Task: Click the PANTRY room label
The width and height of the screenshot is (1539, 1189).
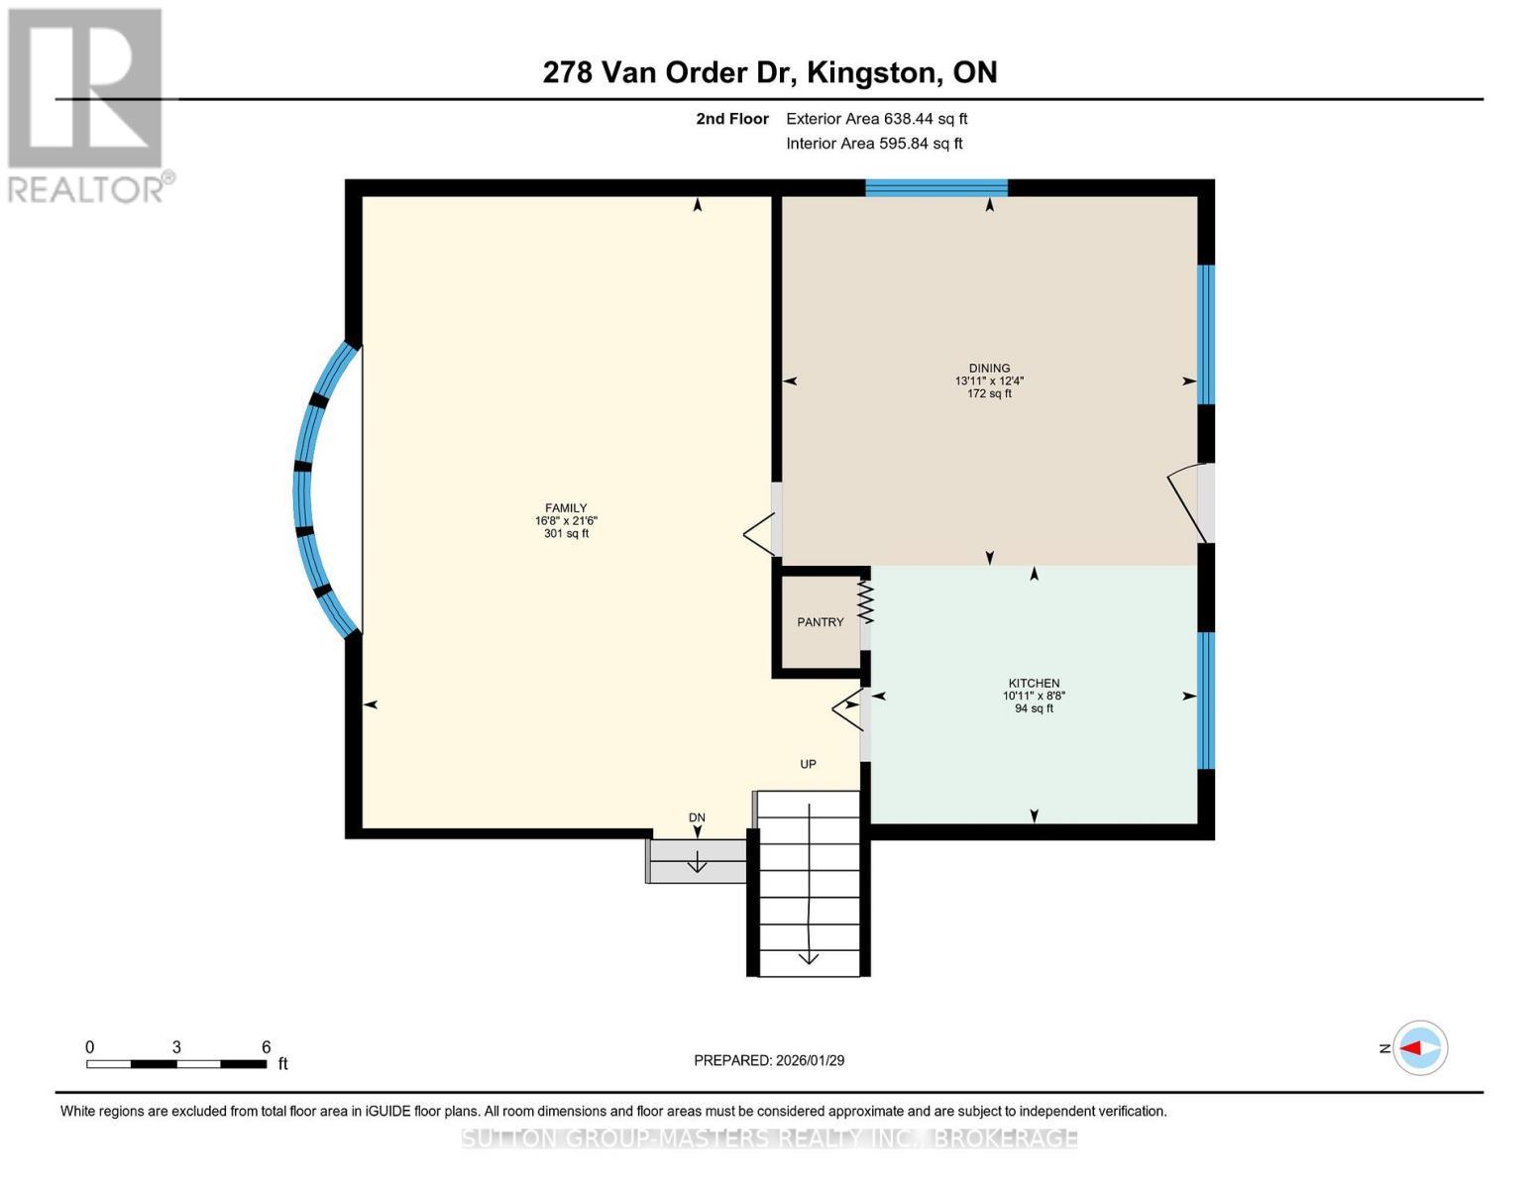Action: tap(821, 622)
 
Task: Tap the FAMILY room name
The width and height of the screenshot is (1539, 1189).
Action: tap(566, 508)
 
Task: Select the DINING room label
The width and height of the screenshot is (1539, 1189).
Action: tap(989, 369)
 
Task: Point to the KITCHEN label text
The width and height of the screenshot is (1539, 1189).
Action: tap(1034, 684)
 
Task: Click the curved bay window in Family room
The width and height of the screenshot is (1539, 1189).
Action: tap(315, 490)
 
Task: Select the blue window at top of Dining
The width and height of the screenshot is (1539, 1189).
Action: tap(935, 188)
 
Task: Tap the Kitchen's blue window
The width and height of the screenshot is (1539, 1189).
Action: tap(1206, 701)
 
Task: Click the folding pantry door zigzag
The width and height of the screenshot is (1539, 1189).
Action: tap(865, 602)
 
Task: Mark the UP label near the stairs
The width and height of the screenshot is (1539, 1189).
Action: tap(808, 764)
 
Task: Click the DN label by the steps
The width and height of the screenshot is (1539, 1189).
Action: tap(697, 817)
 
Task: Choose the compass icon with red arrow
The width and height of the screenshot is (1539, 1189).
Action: tap(1420, 1047)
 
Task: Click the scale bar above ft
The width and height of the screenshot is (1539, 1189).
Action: tap(176, 1064)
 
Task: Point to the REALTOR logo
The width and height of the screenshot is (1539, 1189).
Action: tap(86, 104)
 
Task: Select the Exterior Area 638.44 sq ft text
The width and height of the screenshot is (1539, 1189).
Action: tap(876, 119)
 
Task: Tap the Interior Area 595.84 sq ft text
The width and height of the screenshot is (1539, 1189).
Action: tap(874, 144)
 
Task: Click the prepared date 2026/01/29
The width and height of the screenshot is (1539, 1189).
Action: tap(769, 1060)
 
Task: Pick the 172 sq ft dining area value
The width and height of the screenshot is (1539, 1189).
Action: tap(989, 393)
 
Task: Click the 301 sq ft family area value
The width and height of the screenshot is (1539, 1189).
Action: tap(566, 534)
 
